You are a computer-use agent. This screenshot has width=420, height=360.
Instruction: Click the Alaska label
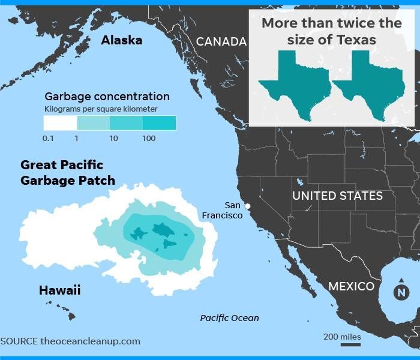pyautogui.click(x=121, y=40)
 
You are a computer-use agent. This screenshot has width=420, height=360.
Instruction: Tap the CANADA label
pyautogui.click(x=221, y=41)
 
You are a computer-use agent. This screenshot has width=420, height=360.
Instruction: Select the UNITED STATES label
pyautogui.click(x=337, y=196)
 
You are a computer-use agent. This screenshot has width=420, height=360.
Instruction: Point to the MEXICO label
pyautogui.click(x=351, y=286)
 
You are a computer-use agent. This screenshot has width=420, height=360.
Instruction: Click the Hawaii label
pyautogui.click(x=59, y=290)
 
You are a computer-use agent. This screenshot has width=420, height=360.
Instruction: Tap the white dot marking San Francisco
pyautogui.click(x=248, y=206)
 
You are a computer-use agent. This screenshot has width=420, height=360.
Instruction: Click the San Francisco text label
pyautogui.click(x=222, y=210)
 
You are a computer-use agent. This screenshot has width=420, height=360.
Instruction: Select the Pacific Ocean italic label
pyautogui.click(x=229, y=318)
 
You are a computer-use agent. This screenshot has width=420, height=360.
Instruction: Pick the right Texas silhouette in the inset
pyautogui.click(x=368, y=84)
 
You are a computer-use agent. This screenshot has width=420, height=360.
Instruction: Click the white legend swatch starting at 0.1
pyautogui.click(x=60, y=123)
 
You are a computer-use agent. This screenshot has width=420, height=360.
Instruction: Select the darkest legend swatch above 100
pyautogui.click(x=159, y=123)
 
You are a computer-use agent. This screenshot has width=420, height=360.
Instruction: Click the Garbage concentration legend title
pyautogui.click(x=107, y=96)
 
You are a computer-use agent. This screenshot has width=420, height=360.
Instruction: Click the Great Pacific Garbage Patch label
pyautogui.click(x=67, y=172)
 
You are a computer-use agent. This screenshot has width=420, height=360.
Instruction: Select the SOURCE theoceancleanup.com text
pyautogui.click(x=70, y=341)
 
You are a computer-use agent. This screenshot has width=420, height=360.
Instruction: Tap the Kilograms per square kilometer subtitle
pyautogui.click(x=101, y=109)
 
